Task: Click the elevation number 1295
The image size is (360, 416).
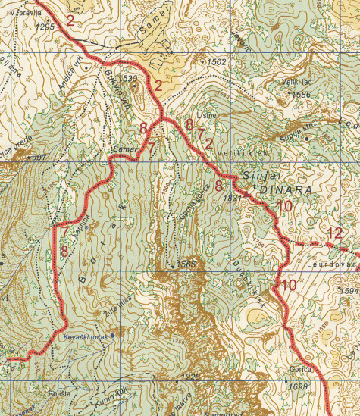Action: [x=45, y=27]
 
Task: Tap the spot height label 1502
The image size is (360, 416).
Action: [x=217, y=61]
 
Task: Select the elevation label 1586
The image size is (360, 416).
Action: [x=302, y=95]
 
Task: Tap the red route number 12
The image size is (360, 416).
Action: [x=336, y=233]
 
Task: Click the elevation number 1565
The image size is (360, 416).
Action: [x=186, y=264]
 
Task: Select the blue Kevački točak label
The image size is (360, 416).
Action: [x=82, y=335]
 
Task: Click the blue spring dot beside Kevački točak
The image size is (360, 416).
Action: [x=113, y=335]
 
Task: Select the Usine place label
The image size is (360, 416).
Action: [x=206, y=115]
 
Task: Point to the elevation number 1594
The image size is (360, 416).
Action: [x=349, y=291]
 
